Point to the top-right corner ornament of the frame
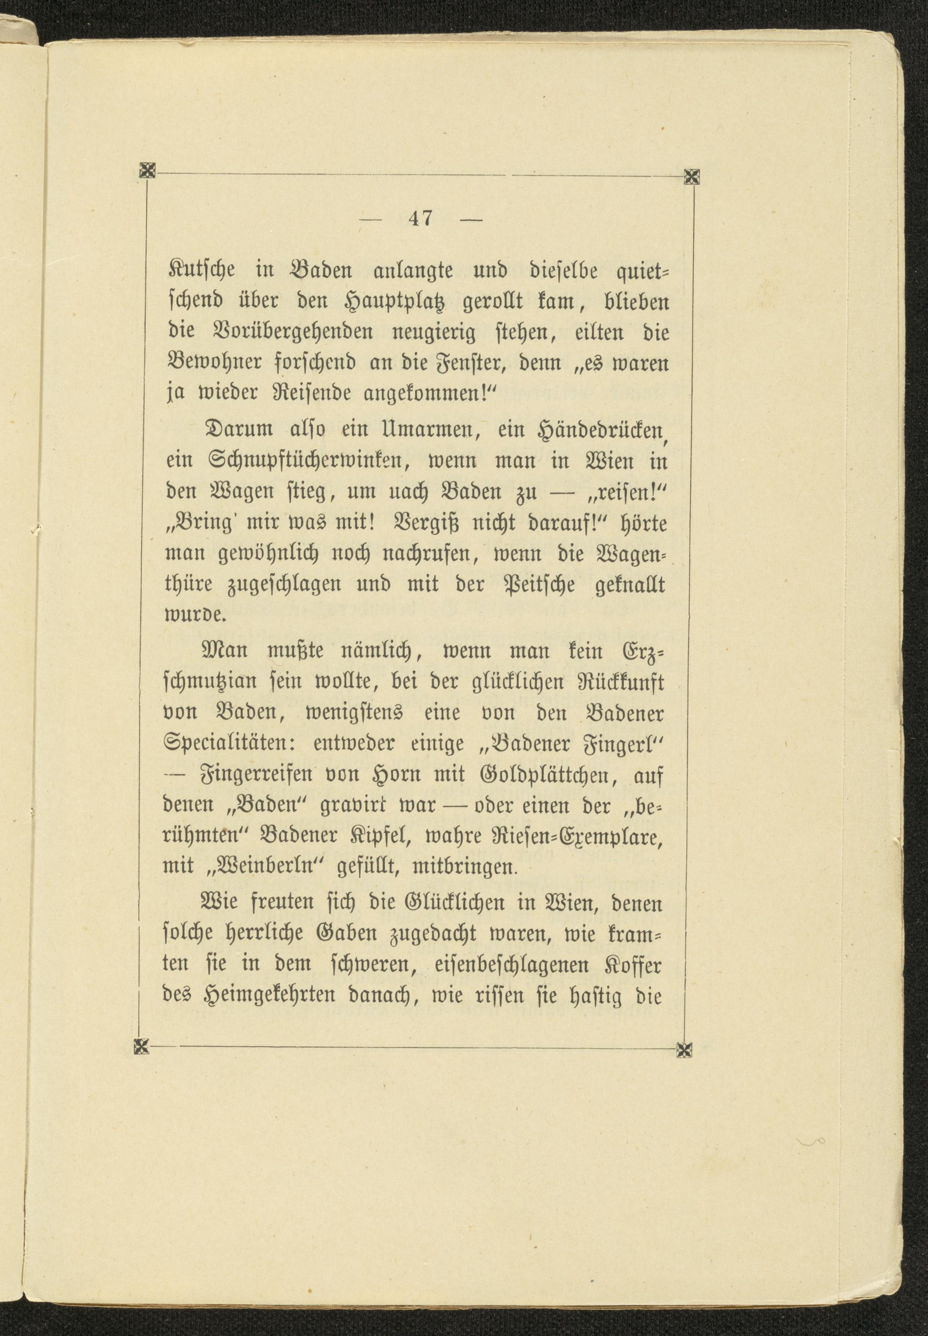coord(692,175)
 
